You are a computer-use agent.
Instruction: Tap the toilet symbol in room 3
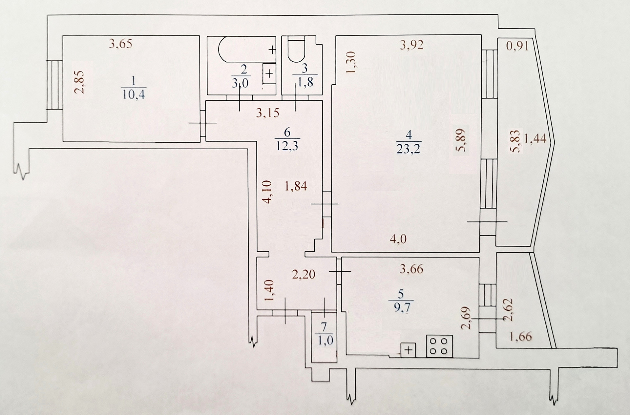coord(296,50)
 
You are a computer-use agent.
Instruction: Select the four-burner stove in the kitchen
coord(439,346)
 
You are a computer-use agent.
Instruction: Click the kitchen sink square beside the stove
coord(408,350)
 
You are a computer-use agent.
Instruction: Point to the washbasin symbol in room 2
coord(269,73)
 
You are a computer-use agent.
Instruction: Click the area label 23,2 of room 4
coord(409,149)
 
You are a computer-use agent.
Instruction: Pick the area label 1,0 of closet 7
coord(325,340)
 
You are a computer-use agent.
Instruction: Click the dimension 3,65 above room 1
coord(120,44)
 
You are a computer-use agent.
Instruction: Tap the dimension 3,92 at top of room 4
coord(411,44)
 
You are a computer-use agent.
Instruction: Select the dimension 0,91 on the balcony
coord(517,46)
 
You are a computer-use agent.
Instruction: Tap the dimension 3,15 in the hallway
coord(267,113)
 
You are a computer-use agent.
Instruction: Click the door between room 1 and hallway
coord(203,123)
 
